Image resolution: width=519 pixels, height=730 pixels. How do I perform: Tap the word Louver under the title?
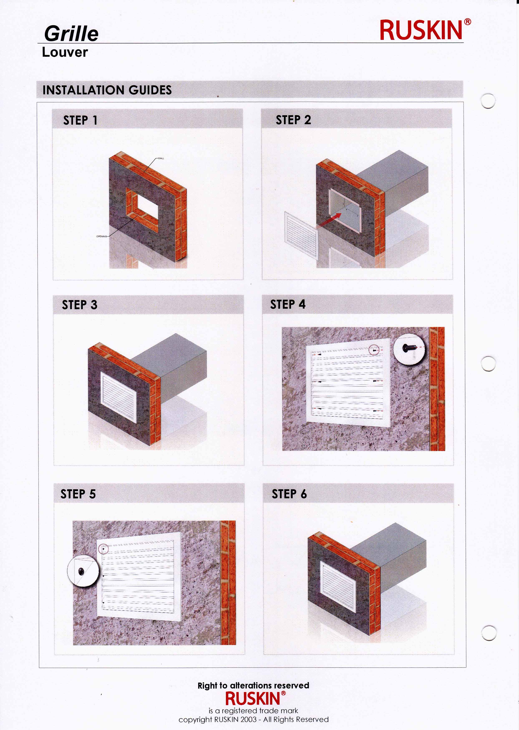(x=65, y=52)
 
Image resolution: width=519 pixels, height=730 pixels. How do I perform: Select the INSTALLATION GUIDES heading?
(x=107, y=90)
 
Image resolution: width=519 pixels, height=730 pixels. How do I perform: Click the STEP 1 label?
(x=80, y=120)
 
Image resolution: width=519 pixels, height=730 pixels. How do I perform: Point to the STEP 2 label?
(x=293, y=120)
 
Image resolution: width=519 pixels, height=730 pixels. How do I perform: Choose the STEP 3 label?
(x=79, y=304)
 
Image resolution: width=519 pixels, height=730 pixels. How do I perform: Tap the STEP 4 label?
(x=288, y=304)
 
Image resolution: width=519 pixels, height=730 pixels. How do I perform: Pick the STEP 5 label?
(x=78, y=494)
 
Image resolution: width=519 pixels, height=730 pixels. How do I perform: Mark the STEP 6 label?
(x=289, y=494)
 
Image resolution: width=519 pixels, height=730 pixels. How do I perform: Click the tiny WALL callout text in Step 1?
(x=161, y=158)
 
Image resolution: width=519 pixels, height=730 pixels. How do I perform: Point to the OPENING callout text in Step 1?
(x=102, y=236)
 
